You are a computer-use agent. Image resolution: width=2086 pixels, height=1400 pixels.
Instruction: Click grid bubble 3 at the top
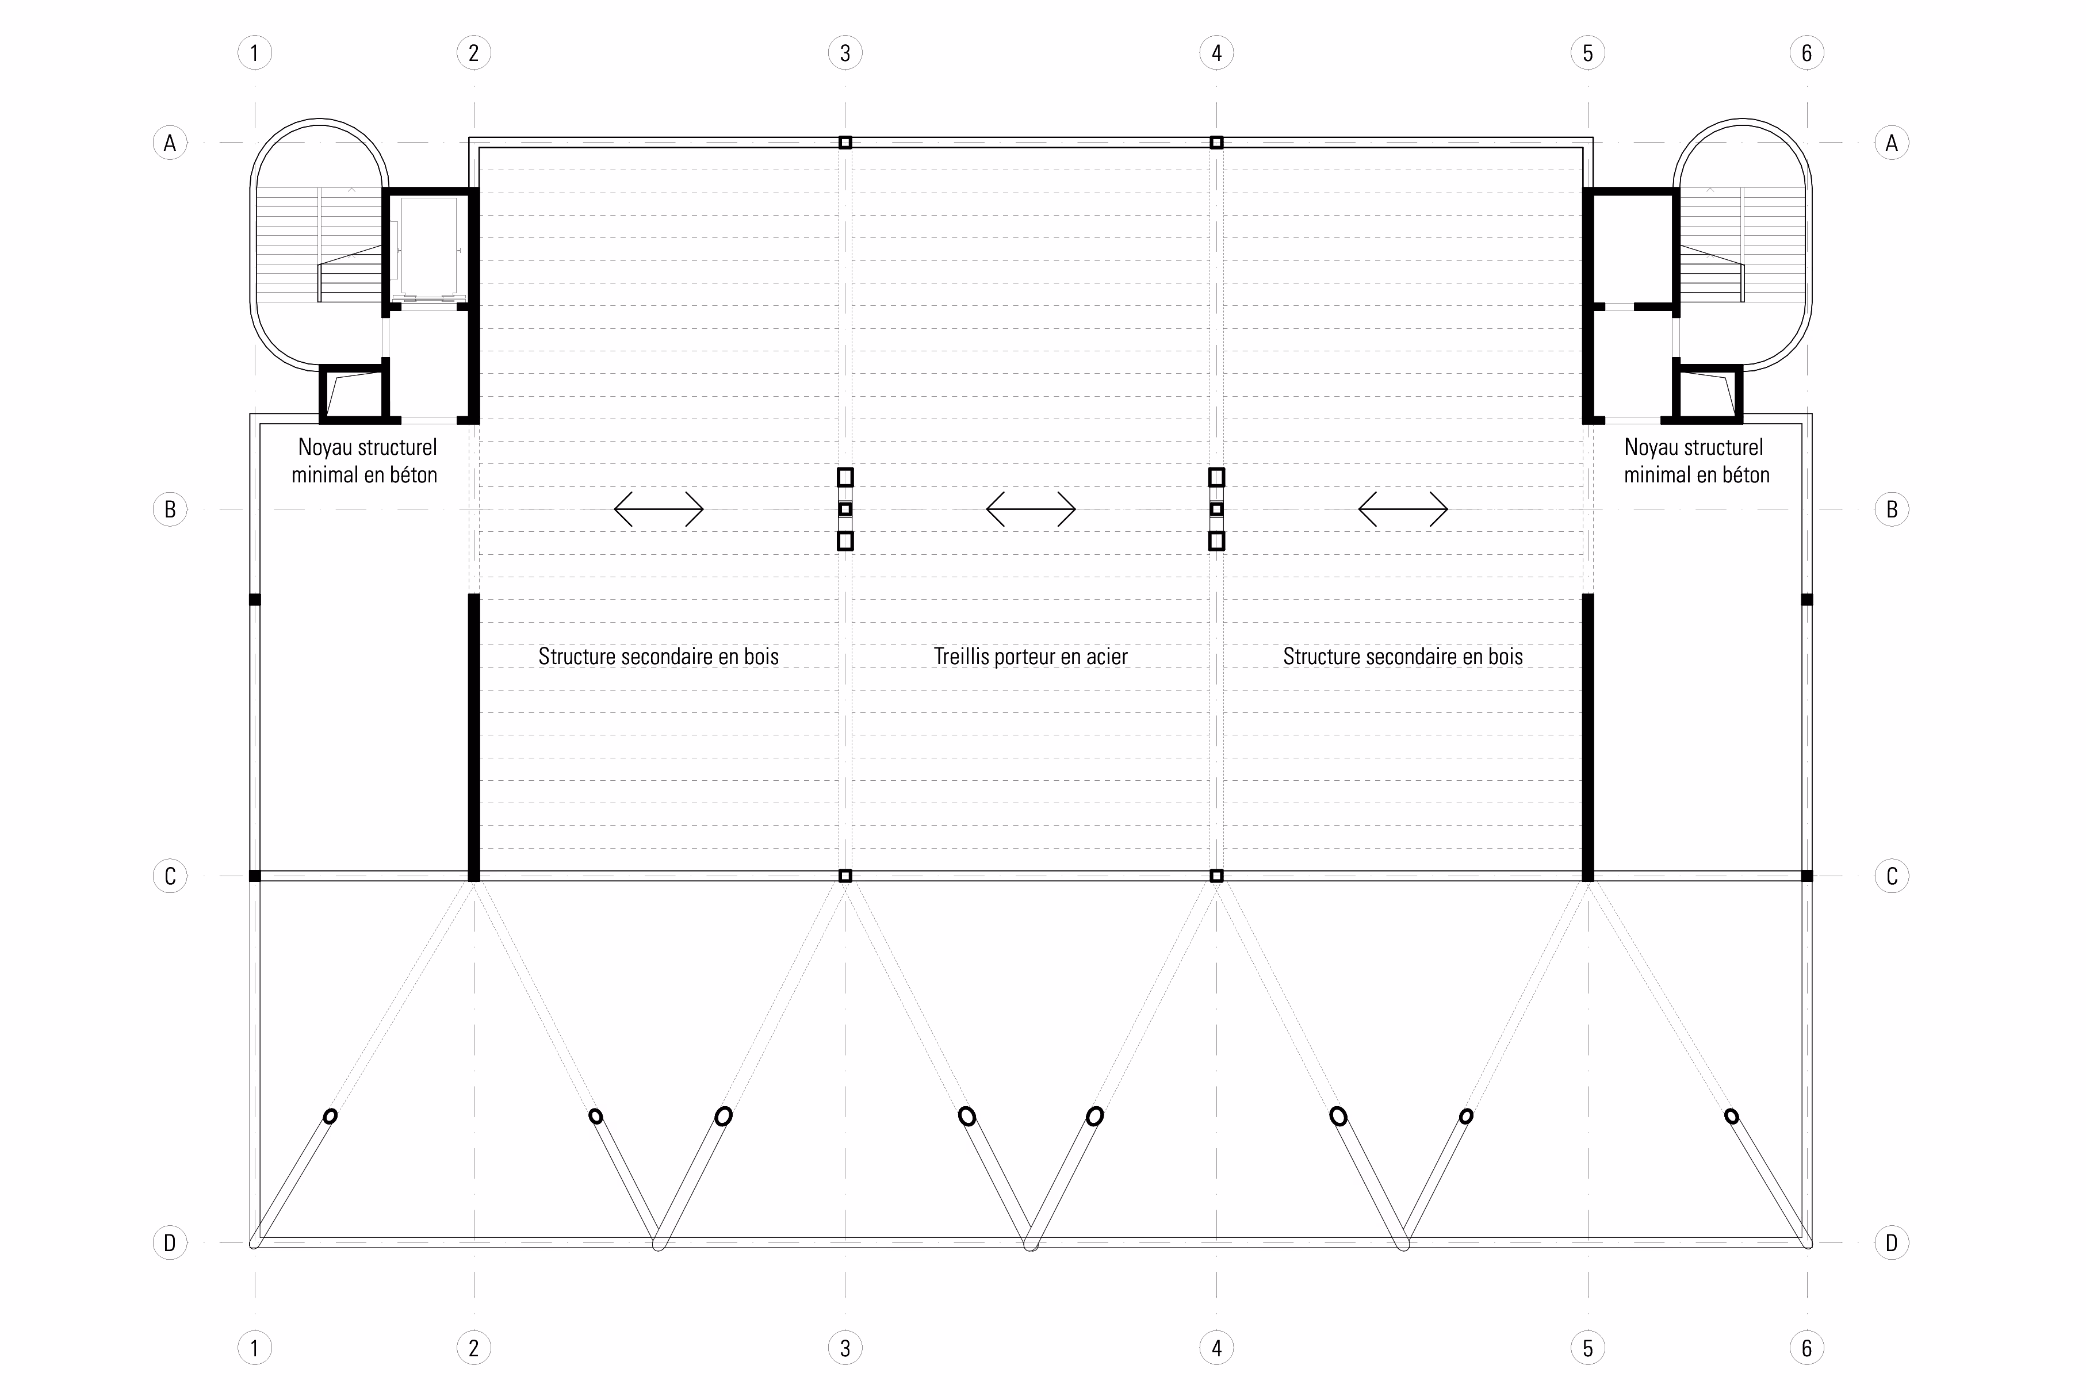tap(845, 53)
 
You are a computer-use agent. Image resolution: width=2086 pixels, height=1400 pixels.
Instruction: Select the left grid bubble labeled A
tap(170, 142)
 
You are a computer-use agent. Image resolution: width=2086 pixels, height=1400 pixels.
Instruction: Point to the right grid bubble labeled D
tap(1890, 1242)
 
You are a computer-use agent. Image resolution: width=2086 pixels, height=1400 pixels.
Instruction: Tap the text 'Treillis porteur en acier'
tap(1031, 656)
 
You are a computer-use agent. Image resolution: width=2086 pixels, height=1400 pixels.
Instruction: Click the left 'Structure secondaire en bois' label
tap(658, 656)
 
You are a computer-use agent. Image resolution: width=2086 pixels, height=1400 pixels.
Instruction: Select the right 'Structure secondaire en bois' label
tap(1403, 656)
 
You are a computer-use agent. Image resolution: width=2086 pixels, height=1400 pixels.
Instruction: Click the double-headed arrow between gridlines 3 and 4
tap(1031, 509)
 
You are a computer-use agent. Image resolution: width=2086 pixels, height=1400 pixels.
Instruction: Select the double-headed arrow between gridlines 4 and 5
tap(1403, 509)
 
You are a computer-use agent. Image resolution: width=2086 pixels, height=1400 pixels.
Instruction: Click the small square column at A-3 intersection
tap(845, 142)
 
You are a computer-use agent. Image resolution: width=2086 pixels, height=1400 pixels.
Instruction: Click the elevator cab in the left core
tap(428, 247)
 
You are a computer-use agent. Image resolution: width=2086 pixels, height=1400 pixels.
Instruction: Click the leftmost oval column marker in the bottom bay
tap(330, 1116)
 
